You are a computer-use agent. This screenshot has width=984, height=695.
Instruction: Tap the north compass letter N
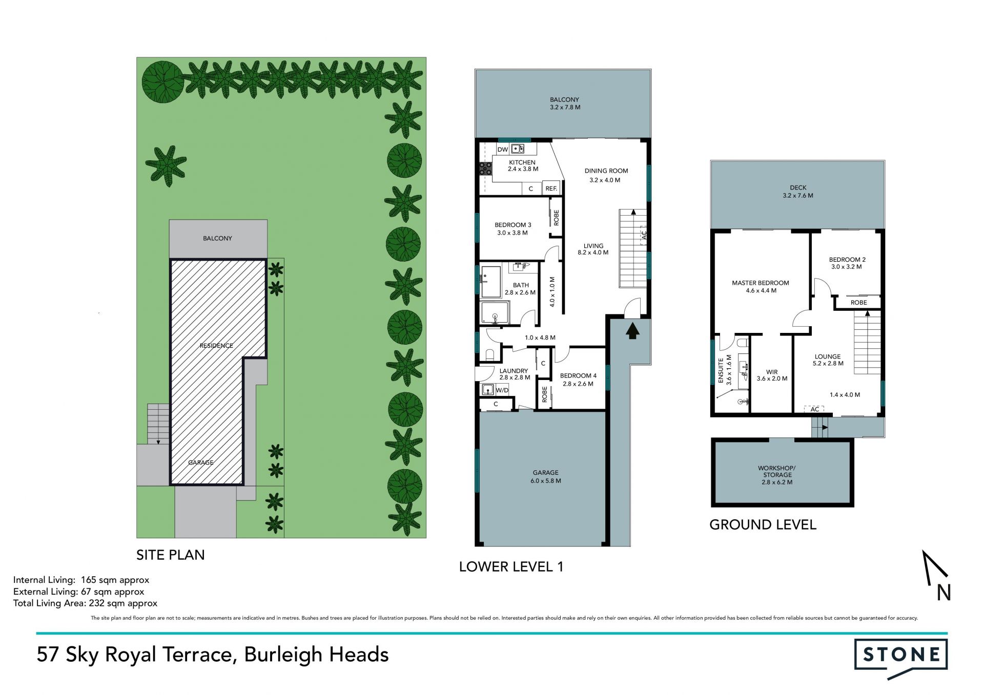point(944,593)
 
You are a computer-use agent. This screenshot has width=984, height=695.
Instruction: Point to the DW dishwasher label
point(502,150)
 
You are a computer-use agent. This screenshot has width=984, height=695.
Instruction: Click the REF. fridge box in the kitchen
point(551,188)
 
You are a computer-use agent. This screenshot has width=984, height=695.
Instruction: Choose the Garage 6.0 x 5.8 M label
point(545,477)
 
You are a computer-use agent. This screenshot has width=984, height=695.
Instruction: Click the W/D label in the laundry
point(502,390)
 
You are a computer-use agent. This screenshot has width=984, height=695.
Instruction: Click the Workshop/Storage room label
point(777,475)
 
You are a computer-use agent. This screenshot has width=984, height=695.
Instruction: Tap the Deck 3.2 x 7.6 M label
point(798,192)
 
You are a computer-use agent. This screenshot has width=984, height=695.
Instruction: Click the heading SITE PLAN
point(170,555)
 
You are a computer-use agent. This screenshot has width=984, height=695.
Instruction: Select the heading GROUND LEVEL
point(763,524)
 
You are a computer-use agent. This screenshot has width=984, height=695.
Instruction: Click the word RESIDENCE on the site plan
point(216,346)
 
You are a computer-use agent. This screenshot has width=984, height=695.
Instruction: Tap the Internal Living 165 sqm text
point(81,580)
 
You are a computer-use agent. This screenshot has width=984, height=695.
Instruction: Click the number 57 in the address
point(48,655)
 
